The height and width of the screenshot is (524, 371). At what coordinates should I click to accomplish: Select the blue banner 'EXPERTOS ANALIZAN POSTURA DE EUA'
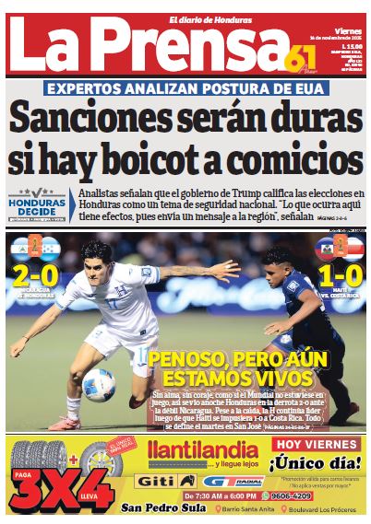point(185,90)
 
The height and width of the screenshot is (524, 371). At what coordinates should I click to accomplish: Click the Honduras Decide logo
point(38,206)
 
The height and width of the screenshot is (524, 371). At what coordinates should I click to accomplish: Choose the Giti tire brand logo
point(164,480)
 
